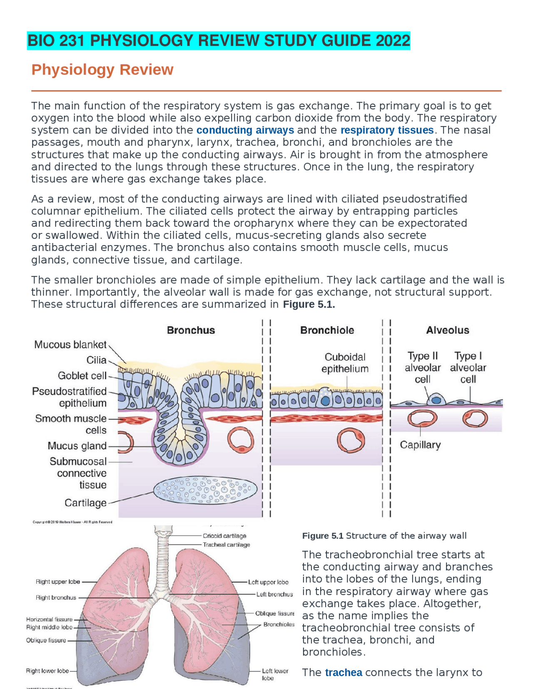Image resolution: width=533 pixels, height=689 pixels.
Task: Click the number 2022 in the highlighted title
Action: click(x=393, y=41)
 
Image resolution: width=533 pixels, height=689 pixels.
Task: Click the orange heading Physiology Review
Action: click(x=102, y=69)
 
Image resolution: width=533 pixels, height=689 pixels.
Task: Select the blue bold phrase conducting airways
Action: click(x=245, y=130)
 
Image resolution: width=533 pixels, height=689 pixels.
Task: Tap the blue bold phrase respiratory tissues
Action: click(x=387, y=130)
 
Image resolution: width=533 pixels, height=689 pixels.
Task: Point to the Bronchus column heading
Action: click(x=191, y=330)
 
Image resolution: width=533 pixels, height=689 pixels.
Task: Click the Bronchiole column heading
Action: click(x=327, y=330)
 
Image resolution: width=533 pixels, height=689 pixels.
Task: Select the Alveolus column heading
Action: click(x=447, y=330)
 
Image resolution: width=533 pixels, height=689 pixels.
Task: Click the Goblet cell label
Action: click(x=82, y=376)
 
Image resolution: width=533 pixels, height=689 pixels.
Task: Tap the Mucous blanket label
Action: click(x=70, y=344)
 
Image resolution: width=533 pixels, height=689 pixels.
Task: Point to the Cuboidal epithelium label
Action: click(x=345, y=363)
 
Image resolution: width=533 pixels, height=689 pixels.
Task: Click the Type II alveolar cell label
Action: click(x=422, y=368)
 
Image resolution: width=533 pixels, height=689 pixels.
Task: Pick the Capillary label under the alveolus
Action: click(x=420, y=445)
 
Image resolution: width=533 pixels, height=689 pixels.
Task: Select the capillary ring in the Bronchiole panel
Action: click(x=351, y=441)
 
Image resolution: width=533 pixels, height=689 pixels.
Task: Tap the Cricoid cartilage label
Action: click(x=224, y=536)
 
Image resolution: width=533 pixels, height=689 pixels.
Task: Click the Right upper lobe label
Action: click(x=57, y=582)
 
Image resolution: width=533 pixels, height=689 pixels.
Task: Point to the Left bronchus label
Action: click(x=274, y=594)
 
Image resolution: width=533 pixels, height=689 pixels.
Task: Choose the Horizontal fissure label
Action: click(x=49, y=620)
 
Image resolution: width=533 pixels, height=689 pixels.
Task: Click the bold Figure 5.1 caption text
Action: click(x=323, y=536)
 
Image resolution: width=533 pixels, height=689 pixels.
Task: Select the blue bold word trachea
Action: click(x=344, y=672)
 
